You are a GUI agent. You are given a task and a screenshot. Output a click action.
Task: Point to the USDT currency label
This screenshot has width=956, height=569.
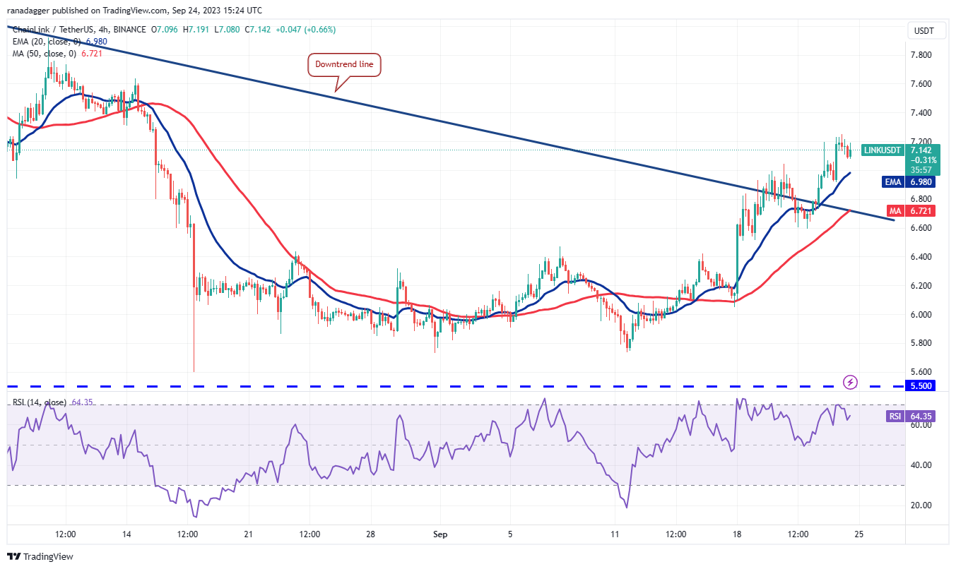[923, 31]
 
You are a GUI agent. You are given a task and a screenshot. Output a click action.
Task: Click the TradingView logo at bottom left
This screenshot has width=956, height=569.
[40, 556]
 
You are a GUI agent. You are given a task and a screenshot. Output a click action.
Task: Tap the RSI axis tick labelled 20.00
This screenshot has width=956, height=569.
[921, 505]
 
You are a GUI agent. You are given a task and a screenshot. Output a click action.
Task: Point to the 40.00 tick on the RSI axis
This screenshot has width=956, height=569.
[921, 465]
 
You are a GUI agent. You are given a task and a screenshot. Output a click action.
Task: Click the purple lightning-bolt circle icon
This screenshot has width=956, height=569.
[851, 382]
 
